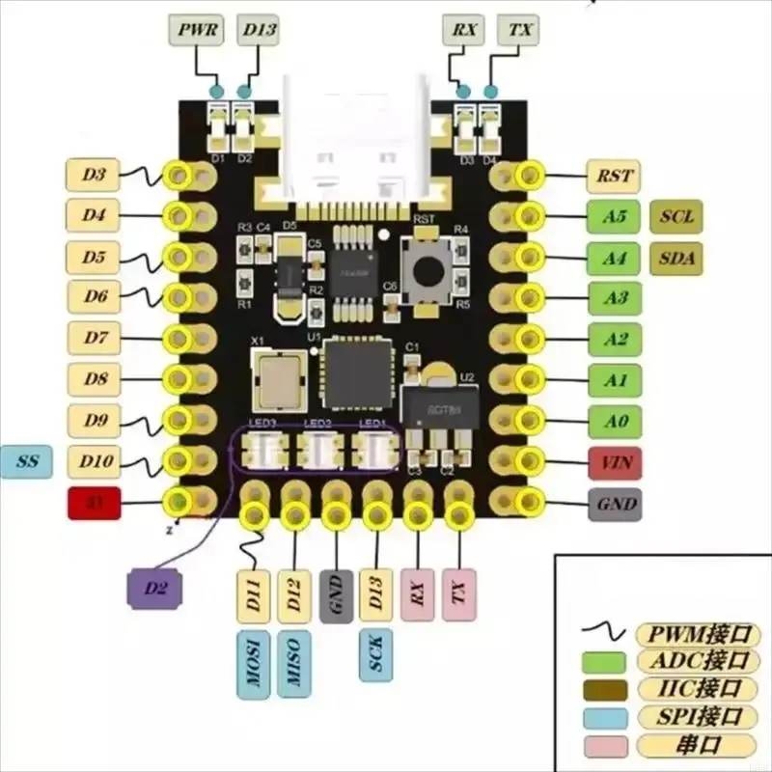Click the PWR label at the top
tap(196, 30)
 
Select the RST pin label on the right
tap(615, 176)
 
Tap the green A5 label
tap(615, 217)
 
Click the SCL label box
tap(676, 217)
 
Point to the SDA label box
tap(676, 258)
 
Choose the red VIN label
tap(615, 462)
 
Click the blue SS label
tap(27, 462)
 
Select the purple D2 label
tap(154, 588)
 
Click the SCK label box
tap(375, 656)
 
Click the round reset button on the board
tap(425, 270)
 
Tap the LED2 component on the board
tap(318, 449)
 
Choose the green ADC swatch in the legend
tap(605, 662)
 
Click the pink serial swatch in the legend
tap(605, 746)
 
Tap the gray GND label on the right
tap(615, 504)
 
